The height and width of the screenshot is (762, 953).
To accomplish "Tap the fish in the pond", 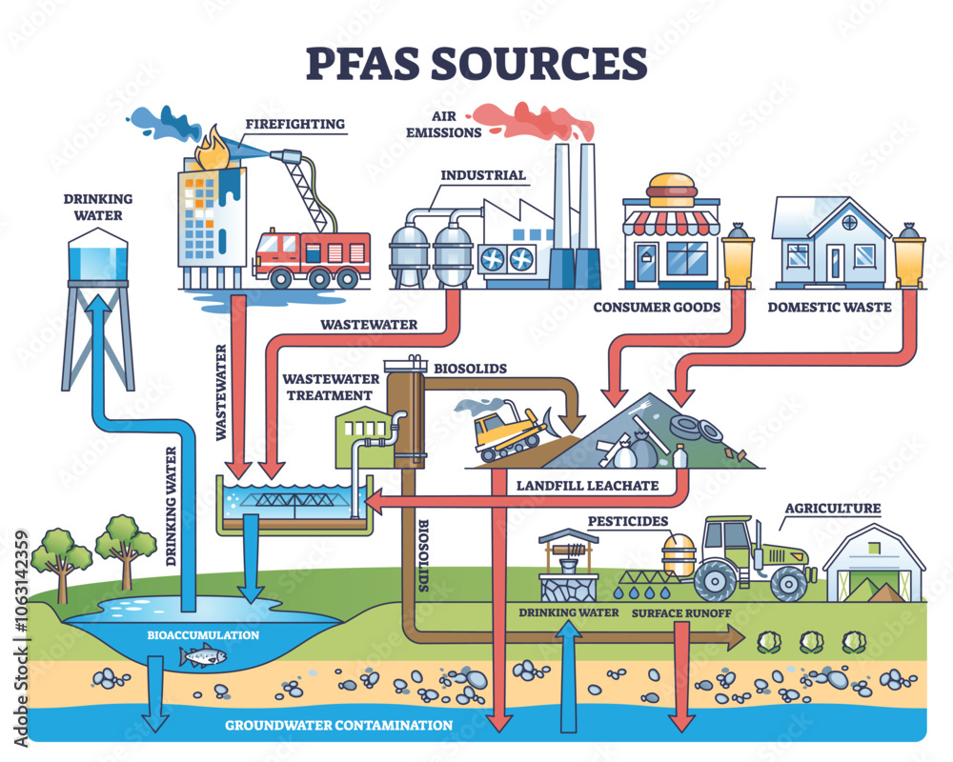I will (202, 655).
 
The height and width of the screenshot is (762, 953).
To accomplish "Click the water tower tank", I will (99, 259).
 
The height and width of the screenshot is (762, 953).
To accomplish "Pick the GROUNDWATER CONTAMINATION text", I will (338, 725).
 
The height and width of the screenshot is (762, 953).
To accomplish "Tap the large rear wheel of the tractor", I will (720, 578).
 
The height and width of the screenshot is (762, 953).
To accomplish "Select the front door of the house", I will (835, 260).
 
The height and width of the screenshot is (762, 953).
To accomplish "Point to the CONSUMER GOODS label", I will (657, 307).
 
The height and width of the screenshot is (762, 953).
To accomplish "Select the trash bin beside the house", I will (907, 258).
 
